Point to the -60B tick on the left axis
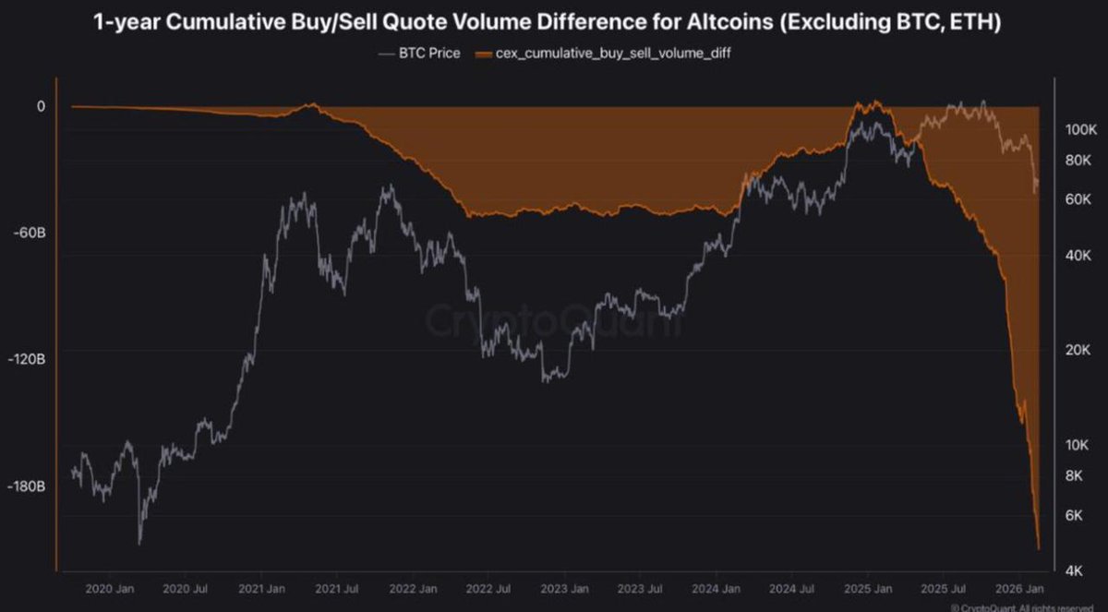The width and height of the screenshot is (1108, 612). pos(29,233)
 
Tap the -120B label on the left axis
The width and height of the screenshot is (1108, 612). pos(26,359)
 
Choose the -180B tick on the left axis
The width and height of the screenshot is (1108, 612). pos(26,486)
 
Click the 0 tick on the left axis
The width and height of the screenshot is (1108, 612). pos(41,106)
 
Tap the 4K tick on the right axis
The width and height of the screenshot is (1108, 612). pos(1073,571)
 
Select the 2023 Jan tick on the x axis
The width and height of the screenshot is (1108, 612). pos(566,589)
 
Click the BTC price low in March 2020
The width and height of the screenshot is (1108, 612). pos(139,543)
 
